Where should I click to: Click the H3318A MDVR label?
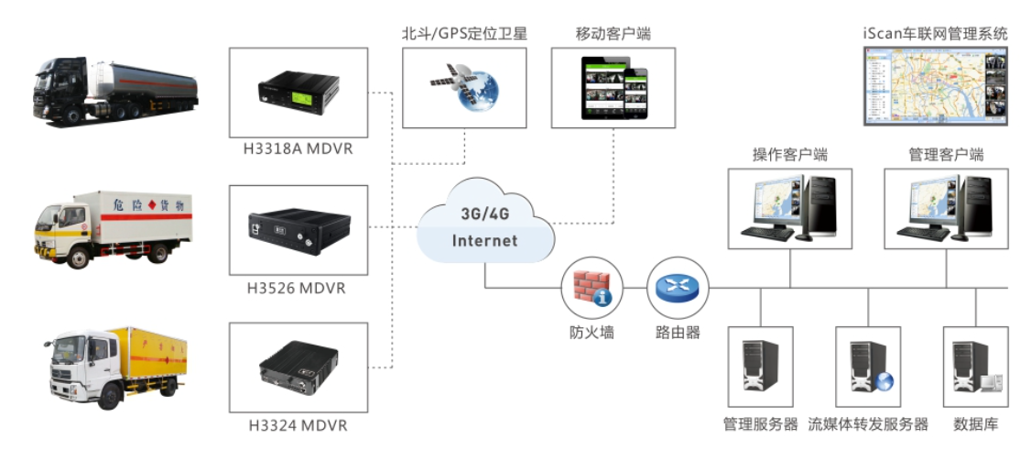298,149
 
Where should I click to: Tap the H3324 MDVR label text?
298,425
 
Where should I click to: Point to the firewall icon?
586,288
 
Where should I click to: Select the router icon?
677,288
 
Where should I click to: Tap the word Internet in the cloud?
484,241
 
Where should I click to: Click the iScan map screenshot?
936,87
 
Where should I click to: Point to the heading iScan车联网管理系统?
935,33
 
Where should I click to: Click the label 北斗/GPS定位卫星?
464,33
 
